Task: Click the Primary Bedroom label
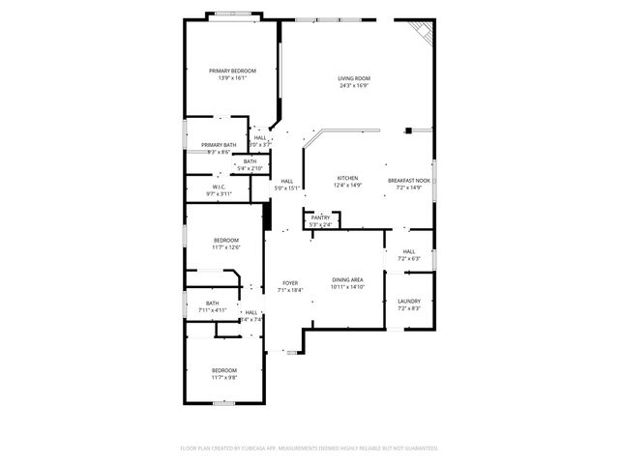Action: pyautogui.click(x=234, y=71)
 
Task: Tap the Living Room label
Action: pyautogui.click(x=354, y=78)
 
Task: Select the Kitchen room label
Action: pyautogui.click(x=347, y=179)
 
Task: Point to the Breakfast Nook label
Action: pyautogui.click(x=409, y=180)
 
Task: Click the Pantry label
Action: pyautogui.click(x=320, y=217)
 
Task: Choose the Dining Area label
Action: pyautogui.click(x=347, y=279)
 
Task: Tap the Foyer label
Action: pyautogui.click(x=290, y=283)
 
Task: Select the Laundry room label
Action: pyautogui.click(x=409, y=302)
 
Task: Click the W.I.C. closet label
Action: pyautogui.click(x=220, y=188)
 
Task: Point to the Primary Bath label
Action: pyautogui.click(x=219, y=145)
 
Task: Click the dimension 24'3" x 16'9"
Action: pyautogui.click(x=354, y=86)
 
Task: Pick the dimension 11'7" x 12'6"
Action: pyautogui.click(x=225, y=247)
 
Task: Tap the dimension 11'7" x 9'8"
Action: pyautogui.click(x=224, y=377)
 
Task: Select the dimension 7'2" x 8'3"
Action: pyautogui.click(x=409, y=308)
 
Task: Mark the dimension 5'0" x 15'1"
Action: pyautogui.click(x=287, y=188)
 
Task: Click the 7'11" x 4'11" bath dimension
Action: pyautogui.click(x=212, y=310)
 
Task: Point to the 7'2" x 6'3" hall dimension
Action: pyautogui.click(x=409, y=259)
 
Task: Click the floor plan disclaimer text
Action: pyautogui.click(x=309, y=449)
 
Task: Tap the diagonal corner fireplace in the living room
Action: pyautogui.click(x=423, y=31)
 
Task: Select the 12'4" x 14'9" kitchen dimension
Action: pyautogui.click(x=347, y=186)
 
